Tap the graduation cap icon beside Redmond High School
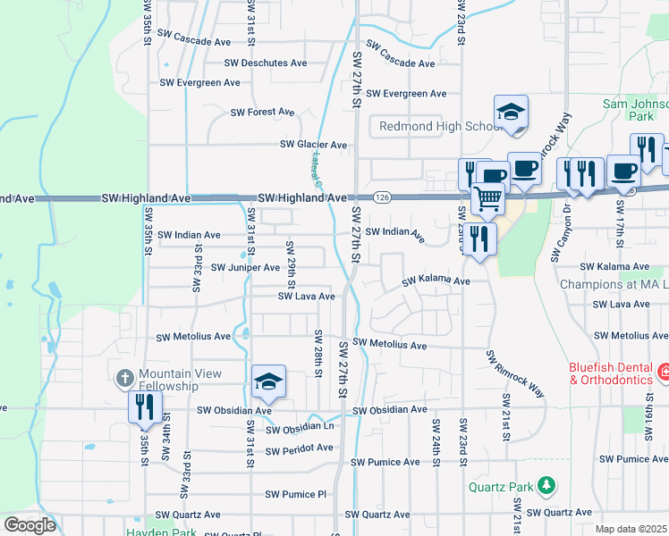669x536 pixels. tap(511, 112)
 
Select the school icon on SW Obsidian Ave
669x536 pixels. tap(268, 381)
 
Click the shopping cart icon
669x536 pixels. tap(487, 197)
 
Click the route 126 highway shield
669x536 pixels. tap(382, 197)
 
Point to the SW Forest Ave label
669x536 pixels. tap(262, 112)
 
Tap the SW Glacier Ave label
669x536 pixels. tap(313, 144)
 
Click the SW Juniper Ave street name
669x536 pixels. tap(245, 267)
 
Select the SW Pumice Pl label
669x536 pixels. tap(296, 494)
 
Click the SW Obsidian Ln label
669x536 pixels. tap(300, 430)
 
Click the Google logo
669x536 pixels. tap(30, 525)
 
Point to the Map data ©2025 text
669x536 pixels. tap(631, 529)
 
